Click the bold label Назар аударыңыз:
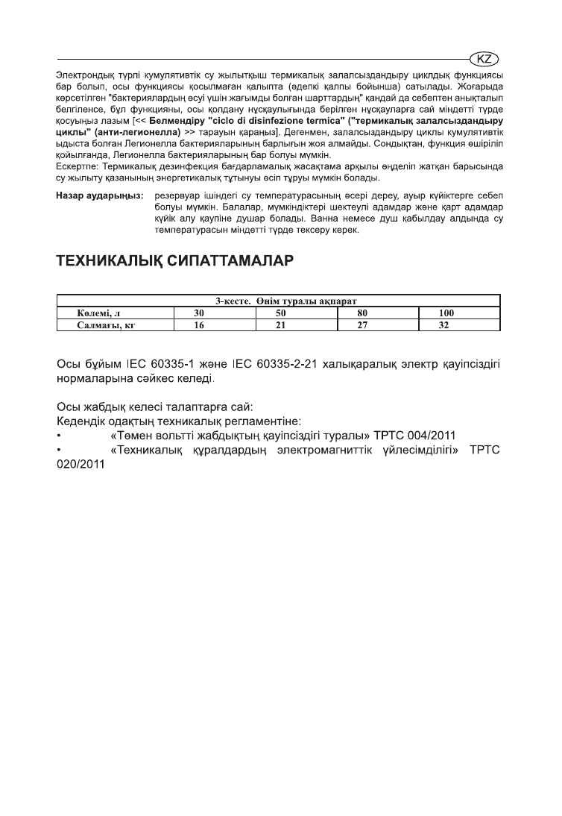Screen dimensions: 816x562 100,196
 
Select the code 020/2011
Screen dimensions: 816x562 81,465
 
